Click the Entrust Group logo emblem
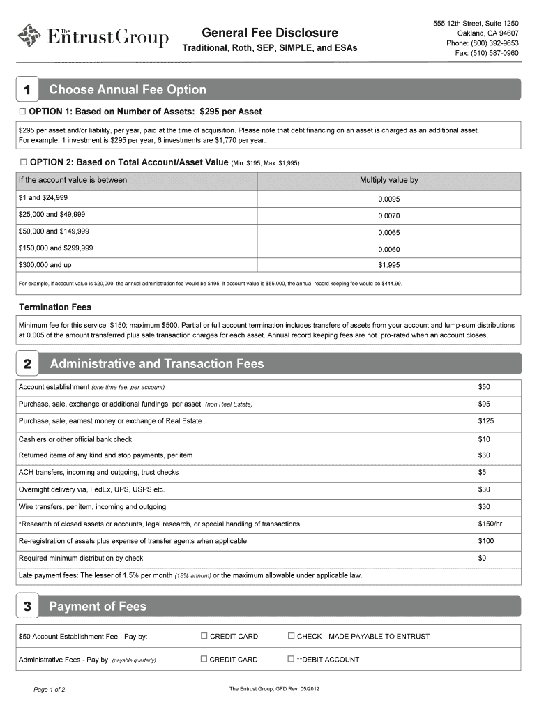30,35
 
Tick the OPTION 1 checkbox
22,112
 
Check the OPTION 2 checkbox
22,162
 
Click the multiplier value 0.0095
388,199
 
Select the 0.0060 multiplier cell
388,249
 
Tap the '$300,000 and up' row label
45,265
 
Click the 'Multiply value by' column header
388,181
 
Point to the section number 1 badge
27,90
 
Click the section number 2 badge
27,364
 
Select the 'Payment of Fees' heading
98,607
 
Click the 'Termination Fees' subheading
55,307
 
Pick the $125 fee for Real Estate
486,421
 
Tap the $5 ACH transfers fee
483,472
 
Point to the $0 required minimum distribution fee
483,558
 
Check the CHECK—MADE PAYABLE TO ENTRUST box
292,636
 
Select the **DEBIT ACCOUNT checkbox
292,659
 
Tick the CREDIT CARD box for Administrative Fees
204,659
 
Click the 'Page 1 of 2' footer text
50,690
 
